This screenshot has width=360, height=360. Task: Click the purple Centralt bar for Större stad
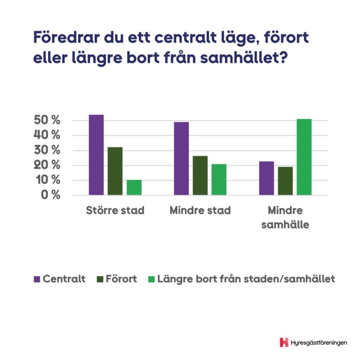pyautogui.click(x=96, y=155)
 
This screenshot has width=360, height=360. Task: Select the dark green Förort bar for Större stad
pyautogui.click(x=115, y=171)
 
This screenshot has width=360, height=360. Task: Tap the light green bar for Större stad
pyautogui.click(x=134, y=187)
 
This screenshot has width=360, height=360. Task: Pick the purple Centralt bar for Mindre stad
pyautogui.click(x=181, y=159)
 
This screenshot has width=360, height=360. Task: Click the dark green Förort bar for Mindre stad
pyautogui.click(x=200, y=175)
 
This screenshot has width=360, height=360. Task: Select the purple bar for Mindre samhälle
pyautogui.click(x=267, y=178)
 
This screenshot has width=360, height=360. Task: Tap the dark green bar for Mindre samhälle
pyautogui.click(x=285, y=181)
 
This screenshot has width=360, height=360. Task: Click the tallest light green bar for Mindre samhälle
pyautogui.click(x=304, y=157)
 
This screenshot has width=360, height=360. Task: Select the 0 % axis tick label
pyautogui.click(x=50, y=195)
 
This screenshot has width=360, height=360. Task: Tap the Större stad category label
pyautogui.click(x=115, y=210)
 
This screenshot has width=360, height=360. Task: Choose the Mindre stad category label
pyautogui.click(x=200, y=210)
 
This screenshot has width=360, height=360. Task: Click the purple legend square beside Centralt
pyautogui.click(x=37, y=279)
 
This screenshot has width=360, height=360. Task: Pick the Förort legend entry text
pyautogui.click(x=121, y=279)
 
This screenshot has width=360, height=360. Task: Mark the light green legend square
pyautogui.click(x=152, y=279)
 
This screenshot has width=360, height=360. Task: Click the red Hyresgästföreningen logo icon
pyautogui.click(x=283, y=342)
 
